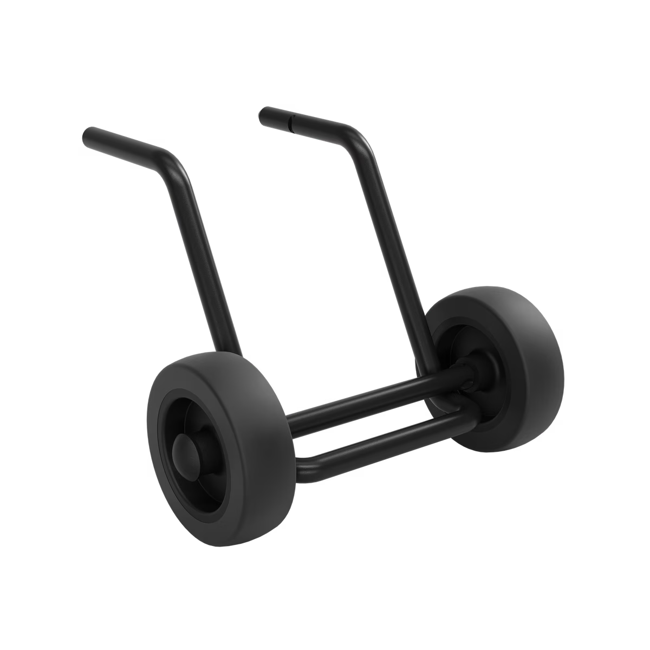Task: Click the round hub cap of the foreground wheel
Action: [x=185, y=451]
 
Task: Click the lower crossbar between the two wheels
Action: [x=368, y=441]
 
